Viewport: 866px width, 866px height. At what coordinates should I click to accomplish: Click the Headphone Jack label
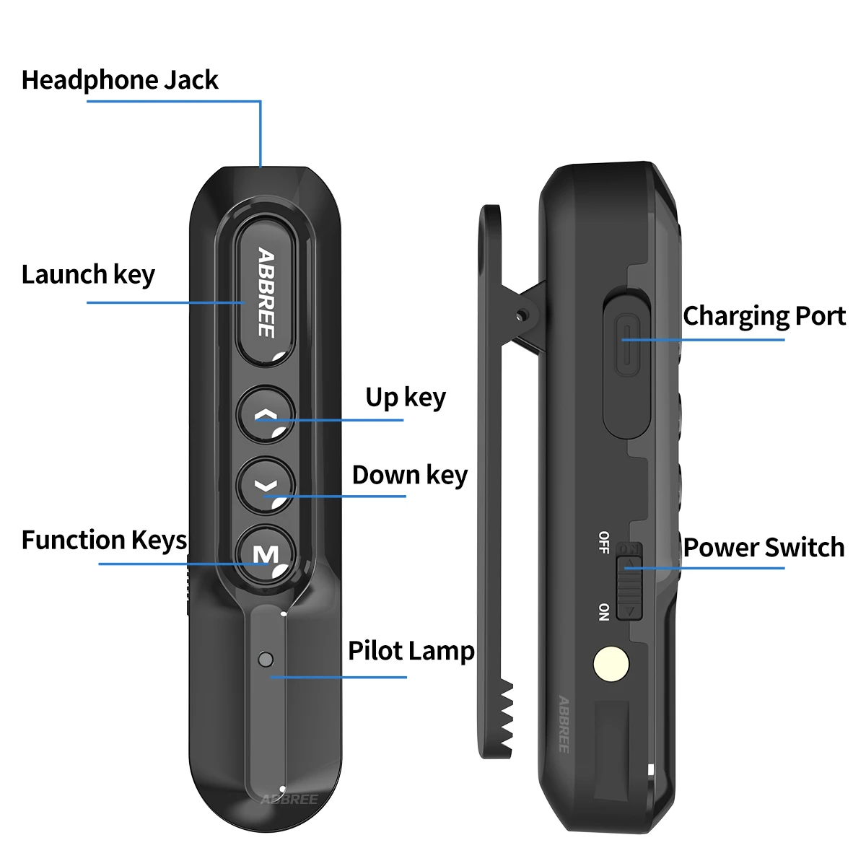(119, 80)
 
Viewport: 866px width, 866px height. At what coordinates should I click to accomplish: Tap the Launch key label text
(88, 275)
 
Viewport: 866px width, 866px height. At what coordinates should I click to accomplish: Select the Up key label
(405, 398)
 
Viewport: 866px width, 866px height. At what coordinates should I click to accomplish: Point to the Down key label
(409, 476)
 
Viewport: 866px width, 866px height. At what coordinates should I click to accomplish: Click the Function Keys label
(104, 541)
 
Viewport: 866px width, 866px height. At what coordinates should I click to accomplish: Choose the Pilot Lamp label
(411, 651)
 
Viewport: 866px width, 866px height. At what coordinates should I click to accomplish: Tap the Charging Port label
(764, 317)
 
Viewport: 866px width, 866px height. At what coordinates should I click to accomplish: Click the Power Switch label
(764, 548)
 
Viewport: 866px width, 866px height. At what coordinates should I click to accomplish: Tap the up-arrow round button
(266, 416)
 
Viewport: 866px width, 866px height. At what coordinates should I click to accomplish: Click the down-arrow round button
(266, 485)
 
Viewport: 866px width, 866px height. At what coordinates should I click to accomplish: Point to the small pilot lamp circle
(266, 659)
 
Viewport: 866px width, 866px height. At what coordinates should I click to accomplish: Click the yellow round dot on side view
(611, 664)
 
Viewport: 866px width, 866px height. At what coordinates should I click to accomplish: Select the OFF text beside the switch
(604, 542)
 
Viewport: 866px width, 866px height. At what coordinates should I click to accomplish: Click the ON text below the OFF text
(604, 612)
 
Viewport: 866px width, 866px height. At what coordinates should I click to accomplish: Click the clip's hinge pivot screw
(521, 315)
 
